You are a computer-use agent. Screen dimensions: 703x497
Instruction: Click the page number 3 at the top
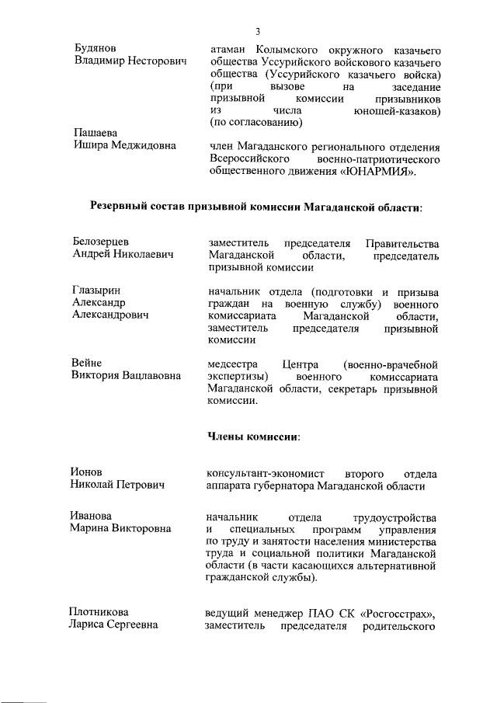tap(256, 31)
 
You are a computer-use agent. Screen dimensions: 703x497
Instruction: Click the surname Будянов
tap(96, 48)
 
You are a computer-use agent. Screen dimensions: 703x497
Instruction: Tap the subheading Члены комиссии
tap(253, 437)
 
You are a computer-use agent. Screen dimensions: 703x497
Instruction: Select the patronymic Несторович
tap(155, 61)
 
